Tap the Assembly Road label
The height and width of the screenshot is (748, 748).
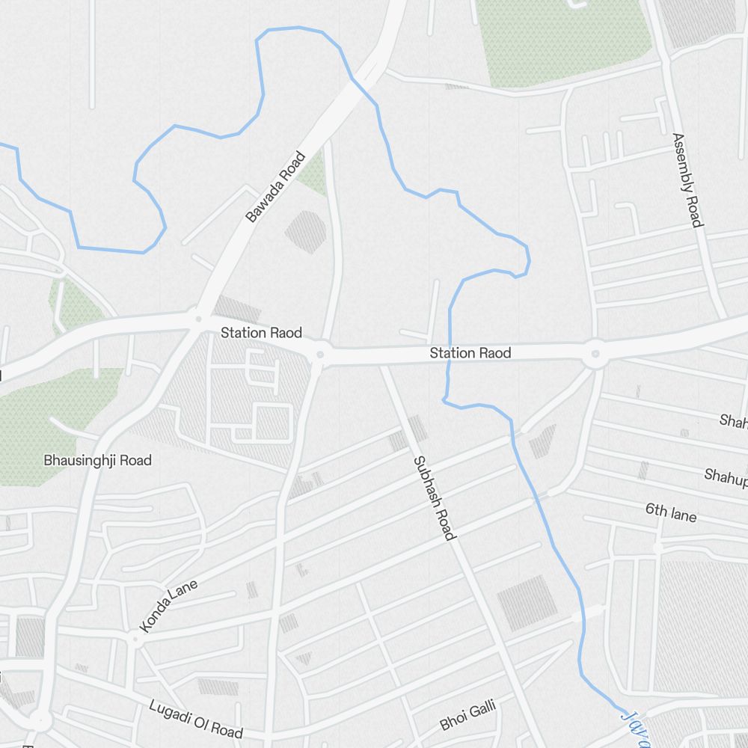[687, 180]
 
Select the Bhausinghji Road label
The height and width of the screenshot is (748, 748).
[98, 460]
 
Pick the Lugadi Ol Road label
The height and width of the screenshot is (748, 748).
[196, 718]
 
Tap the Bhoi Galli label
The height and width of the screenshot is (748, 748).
[467, 714]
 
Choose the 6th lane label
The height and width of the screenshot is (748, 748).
[671, 513]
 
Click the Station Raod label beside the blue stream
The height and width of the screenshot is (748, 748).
[470, 352]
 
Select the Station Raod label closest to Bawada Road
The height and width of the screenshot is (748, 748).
[261, 332]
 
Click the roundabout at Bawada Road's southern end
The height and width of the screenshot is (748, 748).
[197, 319]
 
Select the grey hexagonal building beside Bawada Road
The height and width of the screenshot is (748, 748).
[306, 231]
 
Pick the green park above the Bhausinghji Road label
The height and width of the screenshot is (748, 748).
[52, 419]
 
